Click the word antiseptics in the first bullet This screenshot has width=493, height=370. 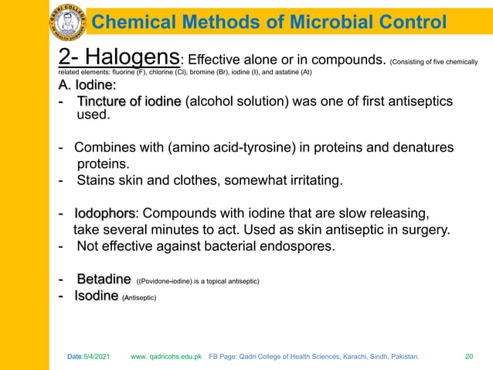pyautogui.click(x=417, y=102)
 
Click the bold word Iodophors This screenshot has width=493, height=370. pyautogui.click(x=105, y=214)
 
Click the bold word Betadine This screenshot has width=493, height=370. pyautogui.click(x=103, y=279)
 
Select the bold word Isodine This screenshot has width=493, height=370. pyautogui.click(x=97, y=296)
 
